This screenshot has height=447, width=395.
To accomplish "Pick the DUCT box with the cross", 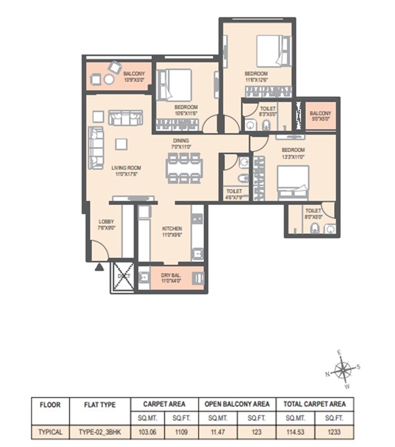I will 122,276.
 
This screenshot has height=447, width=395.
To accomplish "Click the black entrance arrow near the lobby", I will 99,267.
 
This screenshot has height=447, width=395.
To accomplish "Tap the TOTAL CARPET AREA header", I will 314,403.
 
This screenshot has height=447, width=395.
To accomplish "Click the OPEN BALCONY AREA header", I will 237,403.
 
